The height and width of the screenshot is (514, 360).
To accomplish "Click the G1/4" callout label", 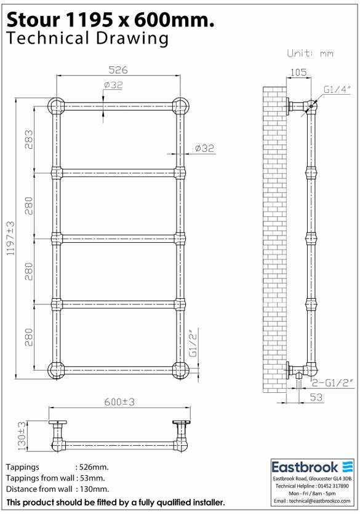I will pos(338,90).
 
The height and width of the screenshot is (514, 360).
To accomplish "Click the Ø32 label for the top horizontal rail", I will pos(114,85).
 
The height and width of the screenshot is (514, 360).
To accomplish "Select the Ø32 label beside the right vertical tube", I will pos(204,148).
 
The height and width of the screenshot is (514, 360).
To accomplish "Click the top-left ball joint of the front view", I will pos(57,106).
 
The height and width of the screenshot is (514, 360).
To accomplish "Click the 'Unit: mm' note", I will pos(310,53).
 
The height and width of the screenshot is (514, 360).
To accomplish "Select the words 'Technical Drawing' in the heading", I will pos(87,39).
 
